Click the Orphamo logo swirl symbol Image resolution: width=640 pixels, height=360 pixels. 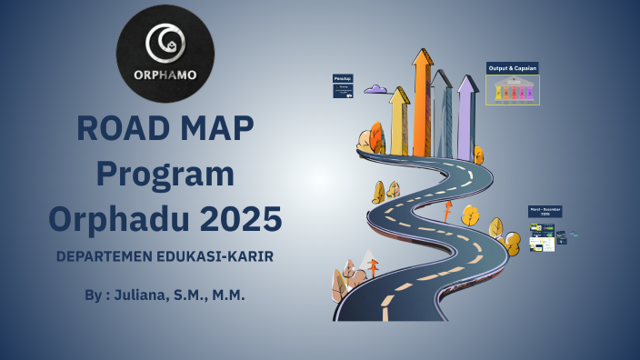165,42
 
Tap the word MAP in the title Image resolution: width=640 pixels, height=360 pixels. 218,129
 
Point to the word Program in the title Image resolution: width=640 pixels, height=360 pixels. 165,174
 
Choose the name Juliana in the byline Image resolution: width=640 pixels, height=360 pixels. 150,296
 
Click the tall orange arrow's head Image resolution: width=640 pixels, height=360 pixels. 422,58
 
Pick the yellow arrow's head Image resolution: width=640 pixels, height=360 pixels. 399,95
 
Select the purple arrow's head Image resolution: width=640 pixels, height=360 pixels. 466,84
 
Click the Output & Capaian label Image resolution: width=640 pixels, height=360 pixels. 513,68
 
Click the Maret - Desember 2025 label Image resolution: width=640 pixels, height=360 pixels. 545,212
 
